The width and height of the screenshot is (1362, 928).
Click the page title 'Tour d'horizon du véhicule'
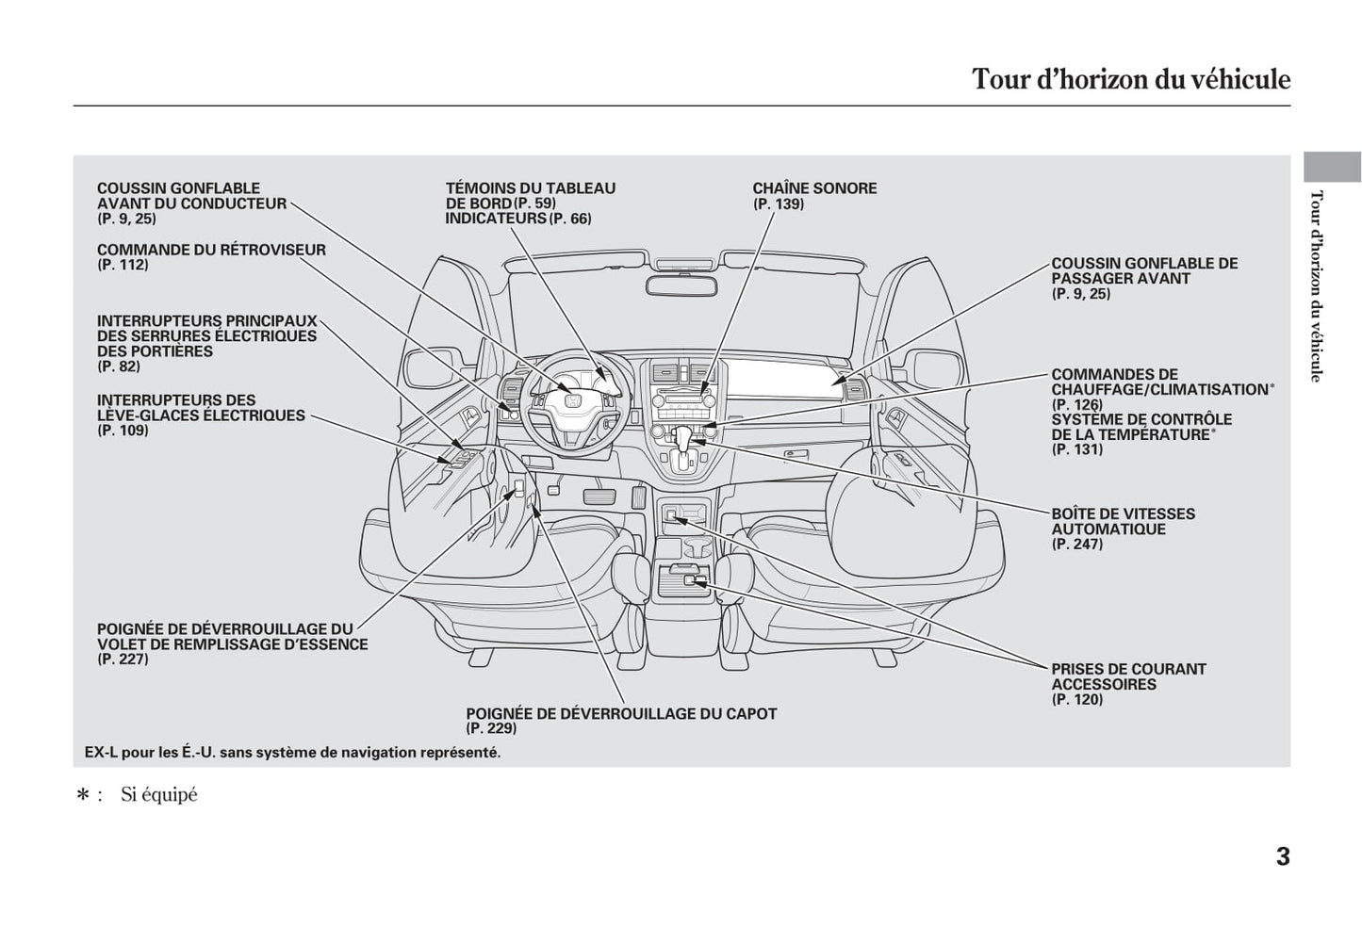(x=1130, y=79)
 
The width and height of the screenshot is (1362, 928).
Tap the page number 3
(x=1283, y=857)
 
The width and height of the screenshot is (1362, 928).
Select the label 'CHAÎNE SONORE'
(x=814, y=188)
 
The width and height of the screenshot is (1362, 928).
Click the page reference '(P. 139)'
(x=778, y=204)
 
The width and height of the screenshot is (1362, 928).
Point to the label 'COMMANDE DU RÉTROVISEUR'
(x=211, y=250)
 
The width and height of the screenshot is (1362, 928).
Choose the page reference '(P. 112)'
(x=123, y=265)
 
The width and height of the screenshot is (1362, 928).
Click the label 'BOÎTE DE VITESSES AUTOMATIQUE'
(x=1123, y=521)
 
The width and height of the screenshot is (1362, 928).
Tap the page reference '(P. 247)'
(x=1076, y=544)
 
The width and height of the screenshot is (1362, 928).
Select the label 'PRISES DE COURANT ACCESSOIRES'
(x=1128, y=676)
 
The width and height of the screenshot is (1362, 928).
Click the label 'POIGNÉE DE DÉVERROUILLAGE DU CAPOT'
(x=621, y=713)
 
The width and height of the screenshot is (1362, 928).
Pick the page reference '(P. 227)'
(x=123, y=659)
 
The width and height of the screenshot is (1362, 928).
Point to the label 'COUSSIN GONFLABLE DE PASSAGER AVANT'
(x=1144, y=270)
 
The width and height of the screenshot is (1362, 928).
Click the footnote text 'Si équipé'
(x=158, y=794)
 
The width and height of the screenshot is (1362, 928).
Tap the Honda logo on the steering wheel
(x=570, y=400)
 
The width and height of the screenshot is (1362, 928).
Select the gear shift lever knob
(x=683, y=436)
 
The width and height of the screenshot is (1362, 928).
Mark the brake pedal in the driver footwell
(x=599, y=497)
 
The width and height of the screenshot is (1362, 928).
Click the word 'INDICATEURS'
(x=496, y=219)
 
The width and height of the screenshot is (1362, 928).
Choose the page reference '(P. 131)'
(x=1076, y=449)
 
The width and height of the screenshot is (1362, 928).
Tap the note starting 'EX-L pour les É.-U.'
(x=292, y=752)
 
